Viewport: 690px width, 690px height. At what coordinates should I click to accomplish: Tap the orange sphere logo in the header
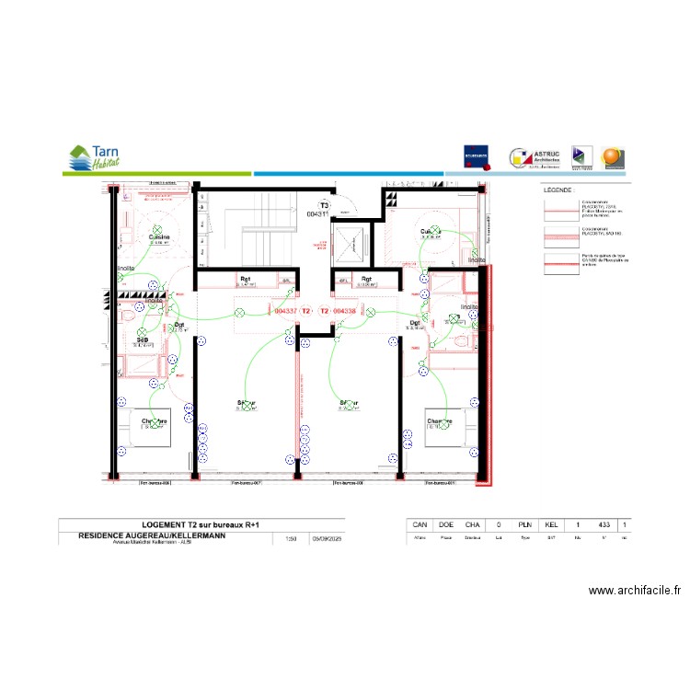(x=612, y=157)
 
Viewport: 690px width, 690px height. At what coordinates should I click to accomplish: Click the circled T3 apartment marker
(x=323, y=206)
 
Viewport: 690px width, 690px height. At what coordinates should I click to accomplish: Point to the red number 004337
(x=286, y=311)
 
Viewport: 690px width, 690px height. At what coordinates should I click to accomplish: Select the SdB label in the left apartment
(x=143, y=340)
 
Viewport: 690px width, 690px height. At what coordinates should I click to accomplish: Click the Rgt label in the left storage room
(x=246, y=279)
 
